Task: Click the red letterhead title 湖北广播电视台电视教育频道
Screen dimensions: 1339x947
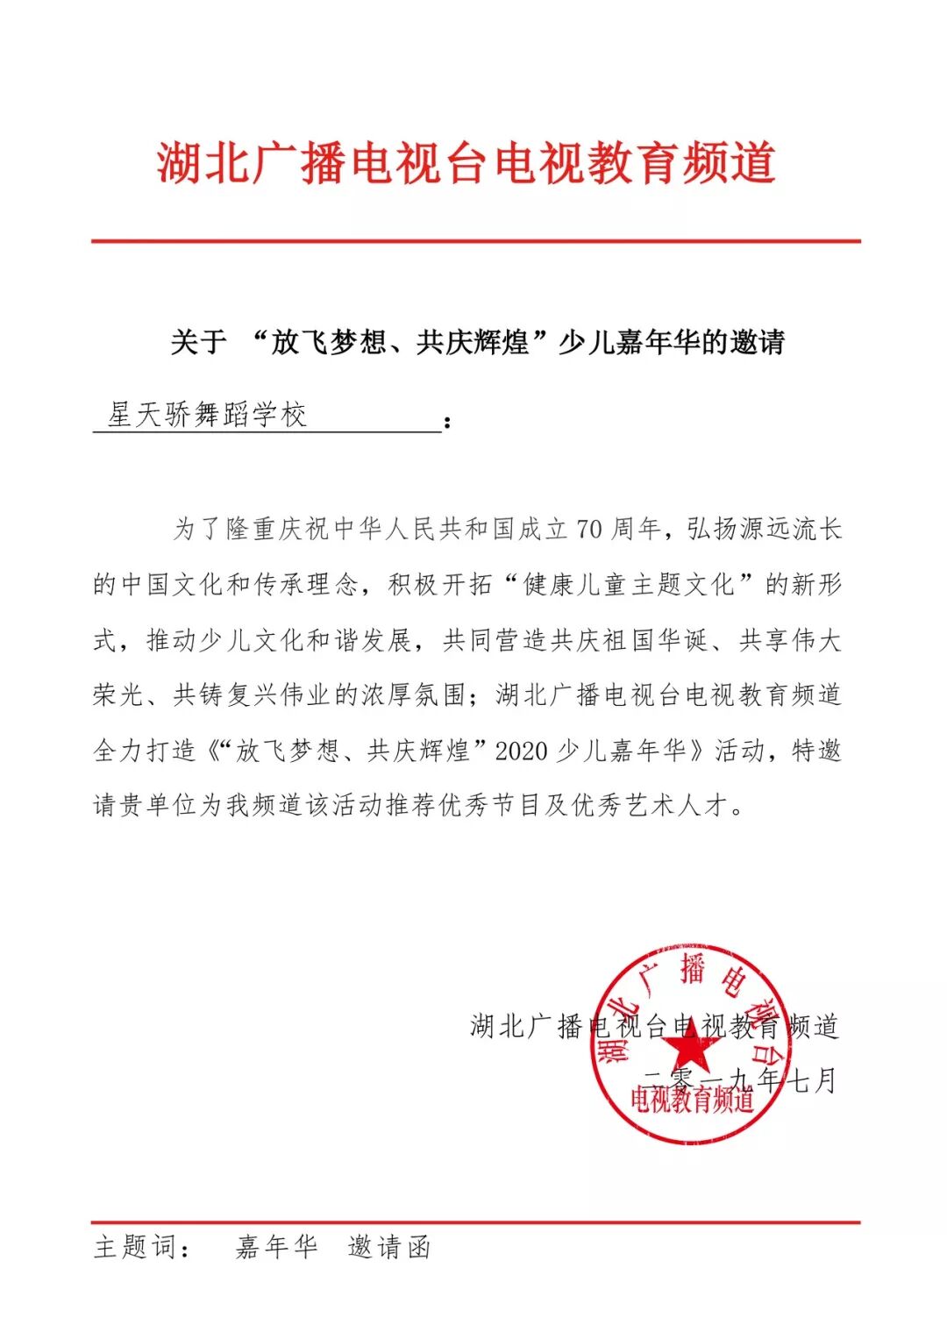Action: (466, 164)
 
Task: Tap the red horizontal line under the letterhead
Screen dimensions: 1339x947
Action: (475, 240)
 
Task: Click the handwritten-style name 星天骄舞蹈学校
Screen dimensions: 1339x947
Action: (207, 415)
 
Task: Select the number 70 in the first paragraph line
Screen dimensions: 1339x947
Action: (589, 529)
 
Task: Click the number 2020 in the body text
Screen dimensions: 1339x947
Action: (521, 751)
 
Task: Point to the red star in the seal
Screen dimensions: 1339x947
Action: (690, 1044)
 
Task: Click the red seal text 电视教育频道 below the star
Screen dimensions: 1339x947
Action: (692, 1099)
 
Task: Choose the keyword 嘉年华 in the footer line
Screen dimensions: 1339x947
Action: (276, 1246)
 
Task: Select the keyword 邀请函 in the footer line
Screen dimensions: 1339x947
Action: (389, 1246)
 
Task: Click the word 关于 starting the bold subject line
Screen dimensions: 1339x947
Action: (198, 342)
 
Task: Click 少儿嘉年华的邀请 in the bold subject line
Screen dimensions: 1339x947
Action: (672, 342)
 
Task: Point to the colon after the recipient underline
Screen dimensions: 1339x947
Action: (448, 424)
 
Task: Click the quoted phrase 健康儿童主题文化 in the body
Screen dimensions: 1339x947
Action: (628, 584)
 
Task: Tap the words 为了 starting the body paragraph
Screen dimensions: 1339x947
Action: (198, 529)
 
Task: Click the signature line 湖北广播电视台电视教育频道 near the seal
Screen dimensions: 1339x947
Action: (654, 1026)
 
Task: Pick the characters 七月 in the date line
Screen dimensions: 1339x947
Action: (813, 1080)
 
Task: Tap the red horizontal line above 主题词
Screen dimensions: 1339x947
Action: (475, 1221)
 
